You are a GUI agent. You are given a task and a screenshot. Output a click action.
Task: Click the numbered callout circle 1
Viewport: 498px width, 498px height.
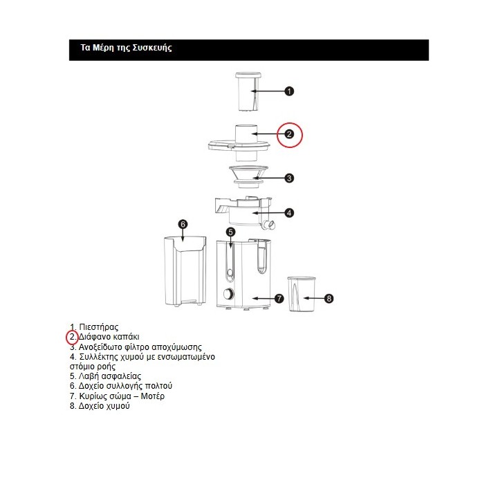[x=290, y=91]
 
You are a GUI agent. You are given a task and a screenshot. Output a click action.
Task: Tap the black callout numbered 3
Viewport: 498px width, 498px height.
[x=289, y=178]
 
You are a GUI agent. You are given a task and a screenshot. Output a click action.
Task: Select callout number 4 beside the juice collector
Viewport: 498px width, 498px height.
[x=290, y=212]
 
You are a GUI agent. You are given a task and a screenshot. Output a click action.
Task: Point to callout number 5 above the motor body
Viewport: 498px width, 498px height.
[x=231, y=232]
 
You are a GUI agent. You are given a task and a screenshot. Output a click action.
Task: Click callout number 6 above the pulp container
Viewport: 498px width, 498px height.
[x=183, y=224]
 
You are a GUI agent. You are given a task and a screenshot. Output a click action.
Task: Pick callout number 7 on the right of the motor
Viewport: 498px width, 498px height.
[x=279, y=298]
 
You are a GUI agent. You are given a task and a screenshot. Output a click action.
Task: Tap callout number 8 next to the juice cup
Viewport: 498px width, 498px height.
[x=329, y=298]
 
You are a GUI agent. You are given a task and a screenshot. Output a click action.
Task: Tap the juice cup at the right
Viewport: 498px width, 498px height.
[x=300, y=295]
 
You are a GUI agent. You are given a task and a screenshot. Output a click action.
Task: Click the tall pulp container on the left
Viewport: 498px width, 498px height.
[x=183, y=271]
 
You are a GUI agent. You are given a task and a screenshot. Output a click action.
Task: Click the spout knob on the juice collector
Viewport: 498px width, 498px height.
[x=270, y=224]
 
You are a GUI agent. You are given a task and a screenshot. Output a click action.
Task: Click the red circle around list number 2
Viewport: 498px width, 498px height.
[x=73, y=338]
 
